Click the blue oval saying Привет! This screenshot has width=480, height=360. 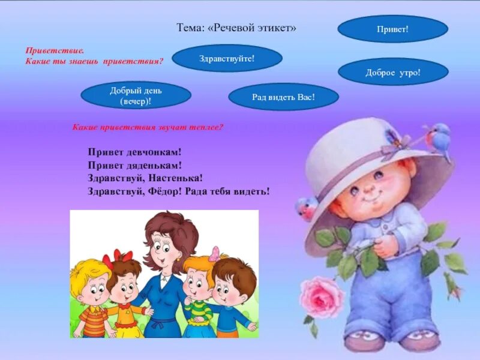click(393, 29)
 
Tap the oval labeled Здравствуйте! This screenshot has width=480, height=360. click(227, 58)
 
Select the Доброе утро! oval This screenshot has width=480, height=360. click(393, 72)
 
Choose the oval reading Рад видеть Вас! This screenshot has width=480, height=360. click(284, 97)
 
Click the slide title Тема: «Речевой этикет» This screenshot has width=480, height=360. click(236, 28)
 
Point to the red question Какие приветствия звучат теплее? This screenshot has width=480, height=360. click(148, 127)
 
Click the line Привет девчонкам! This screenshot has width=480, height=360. click(134, 152)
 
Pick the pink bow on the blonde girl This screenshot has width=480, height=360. click(213, 253)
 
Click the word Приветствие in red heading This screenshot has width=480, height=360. click(55, 52)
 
